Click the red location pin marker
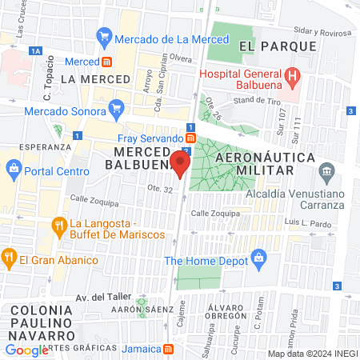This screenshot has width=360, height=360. click(179, 165)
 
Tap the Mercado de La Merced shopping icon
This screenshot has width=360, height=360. click(103, 37)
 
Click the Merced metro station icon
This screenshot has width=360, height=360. click(106, 62)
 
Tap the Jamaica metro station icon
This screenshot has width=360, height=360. click(168, 349)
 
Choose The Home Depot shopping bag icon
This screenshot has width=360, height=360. click(258, 258)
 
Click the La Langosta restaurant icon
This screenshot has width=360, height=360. click(59, 226)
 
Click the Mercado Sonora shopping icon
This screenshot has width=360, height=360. click(118, 107)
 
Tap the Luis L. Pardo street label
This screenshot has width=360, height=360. click(307, 223)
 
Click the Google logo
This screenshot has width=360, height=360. click(26, 350)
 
